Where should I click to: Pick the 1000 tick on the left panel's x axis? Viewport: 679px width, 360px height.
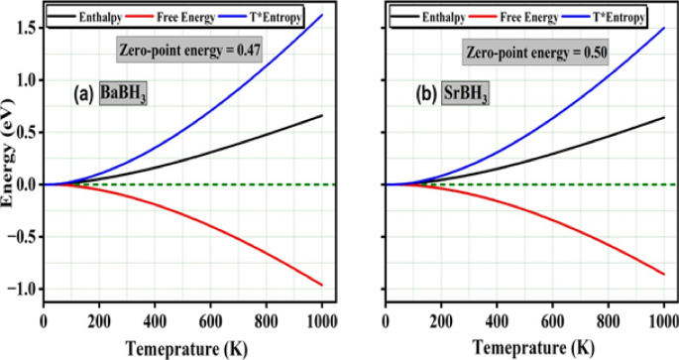tap(321, 321)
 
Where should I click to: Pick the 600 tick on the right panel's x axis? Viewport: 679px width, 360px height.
tap(550, 321)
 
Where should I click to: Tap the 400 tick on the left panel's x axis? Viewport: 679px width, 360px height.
tap(154, 321)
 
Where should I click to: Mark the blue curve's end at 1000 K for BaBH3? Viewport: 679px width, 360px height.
tap(321, 15)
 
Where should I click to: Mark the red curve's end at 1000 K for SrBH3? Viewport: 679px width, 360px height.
tap(661, 275)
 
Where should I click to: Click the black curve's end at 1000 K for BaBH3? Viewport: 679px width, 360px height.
tap(321, 116)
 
